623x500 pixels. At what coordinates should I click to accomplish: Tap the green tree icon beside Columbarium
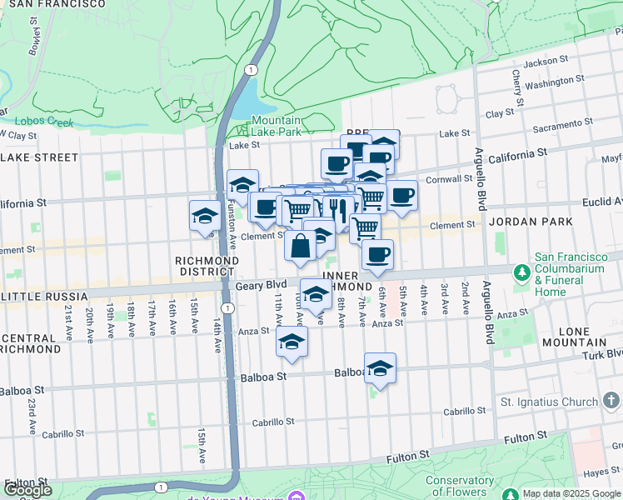pos(522,272)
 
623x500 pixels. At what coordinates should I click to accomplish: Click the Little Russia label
pos(43,297)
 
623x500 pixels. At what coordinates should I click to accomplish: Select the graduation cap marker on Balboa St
pos(380,368)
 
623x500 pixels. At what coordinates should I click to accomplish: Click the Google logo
pos(27,490)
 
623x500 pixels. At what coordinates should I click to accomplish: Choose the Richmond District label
pos(207,266)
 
